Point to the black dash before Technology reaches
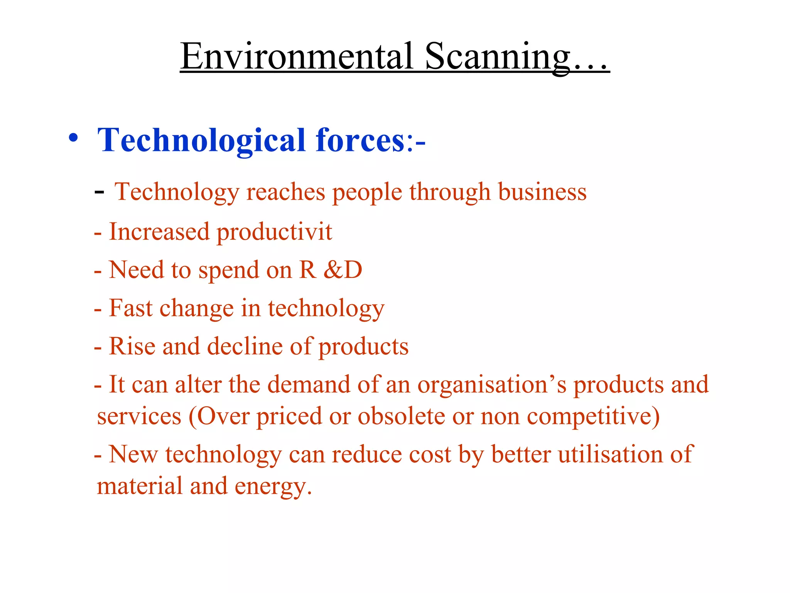pos(99,192)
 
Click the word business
pos(542,192)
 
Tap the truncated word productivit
pos(274,232)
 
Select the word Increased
pos(159,232)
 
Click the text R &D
pos(331,269)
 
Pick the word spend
pos(228,270)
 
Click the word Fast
pos(131,308)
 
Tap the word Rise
pos(132,346)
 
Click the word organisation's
pos(492,385)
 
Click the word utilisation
pos(610,454)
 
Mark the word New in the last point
pos(133,454)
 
